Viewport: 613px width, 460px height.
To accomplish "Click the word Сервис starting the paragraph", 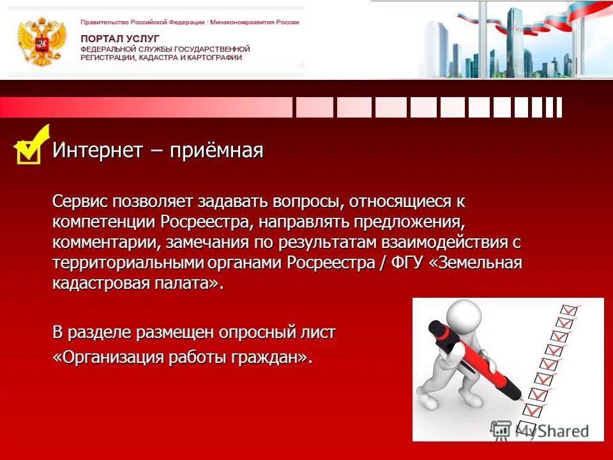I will pos(80,201).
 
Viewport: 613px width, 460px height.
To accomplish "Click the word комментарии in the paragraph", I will pos(107,243).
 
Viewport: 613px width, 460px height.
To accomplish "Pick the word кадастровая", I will pos(100,284).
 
